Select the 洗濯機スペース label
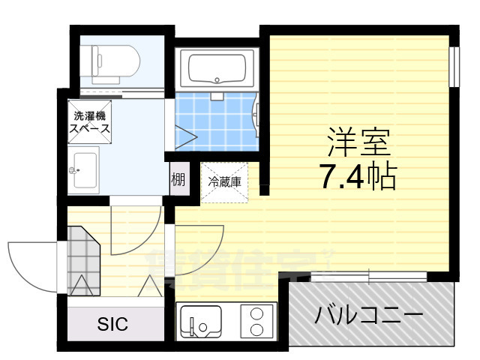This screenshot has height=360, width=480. [90, 122]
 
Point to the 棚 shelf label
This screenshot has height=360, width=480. [178, 179]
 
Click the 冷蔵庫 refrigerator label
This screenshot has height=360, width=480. [224, 181]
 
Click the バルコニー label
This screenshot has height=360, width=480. [369, 313]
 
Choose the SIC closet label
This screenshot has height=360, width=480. [113, 324]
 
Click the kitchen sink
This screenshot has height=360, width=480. [199, 321]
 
